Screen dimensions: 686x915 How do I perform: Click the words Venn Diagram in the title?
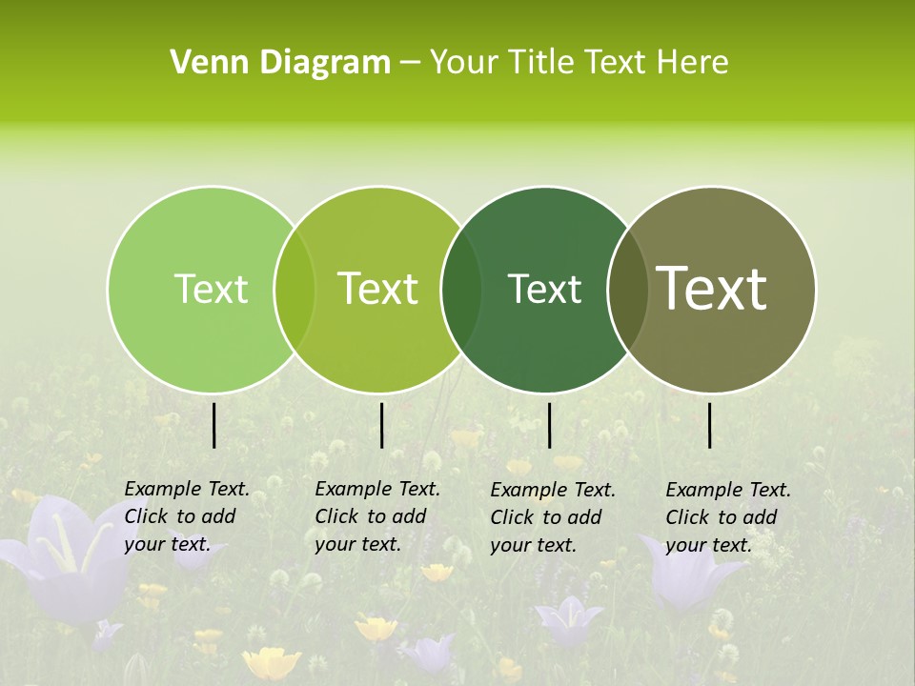click(280, 63)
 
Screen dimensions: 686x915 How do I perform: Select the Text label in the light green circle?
click(211, 289)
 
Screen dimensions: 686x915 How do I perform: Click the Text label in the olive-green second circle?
click(378, 289)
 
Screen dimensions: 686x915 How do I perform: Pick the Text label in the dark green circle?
click(544, 289)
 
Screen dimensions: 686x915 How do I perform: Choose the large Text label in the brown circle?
click(712, 288)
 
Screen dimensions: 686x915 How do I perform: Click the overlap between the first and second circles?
click(295, 289)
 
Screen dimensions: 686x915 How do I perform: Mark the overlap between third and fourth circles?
click(624, 289)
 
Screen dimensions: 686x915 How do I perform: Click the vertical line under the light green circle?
click(214, 425)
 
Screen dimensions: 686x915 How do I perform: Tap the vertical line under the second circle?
click(381, 425)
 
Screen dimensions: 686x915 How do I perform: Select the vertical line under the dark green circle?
click(549, 425)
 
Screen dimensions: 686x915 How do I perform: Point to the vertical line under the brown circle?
click(710, 425)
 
